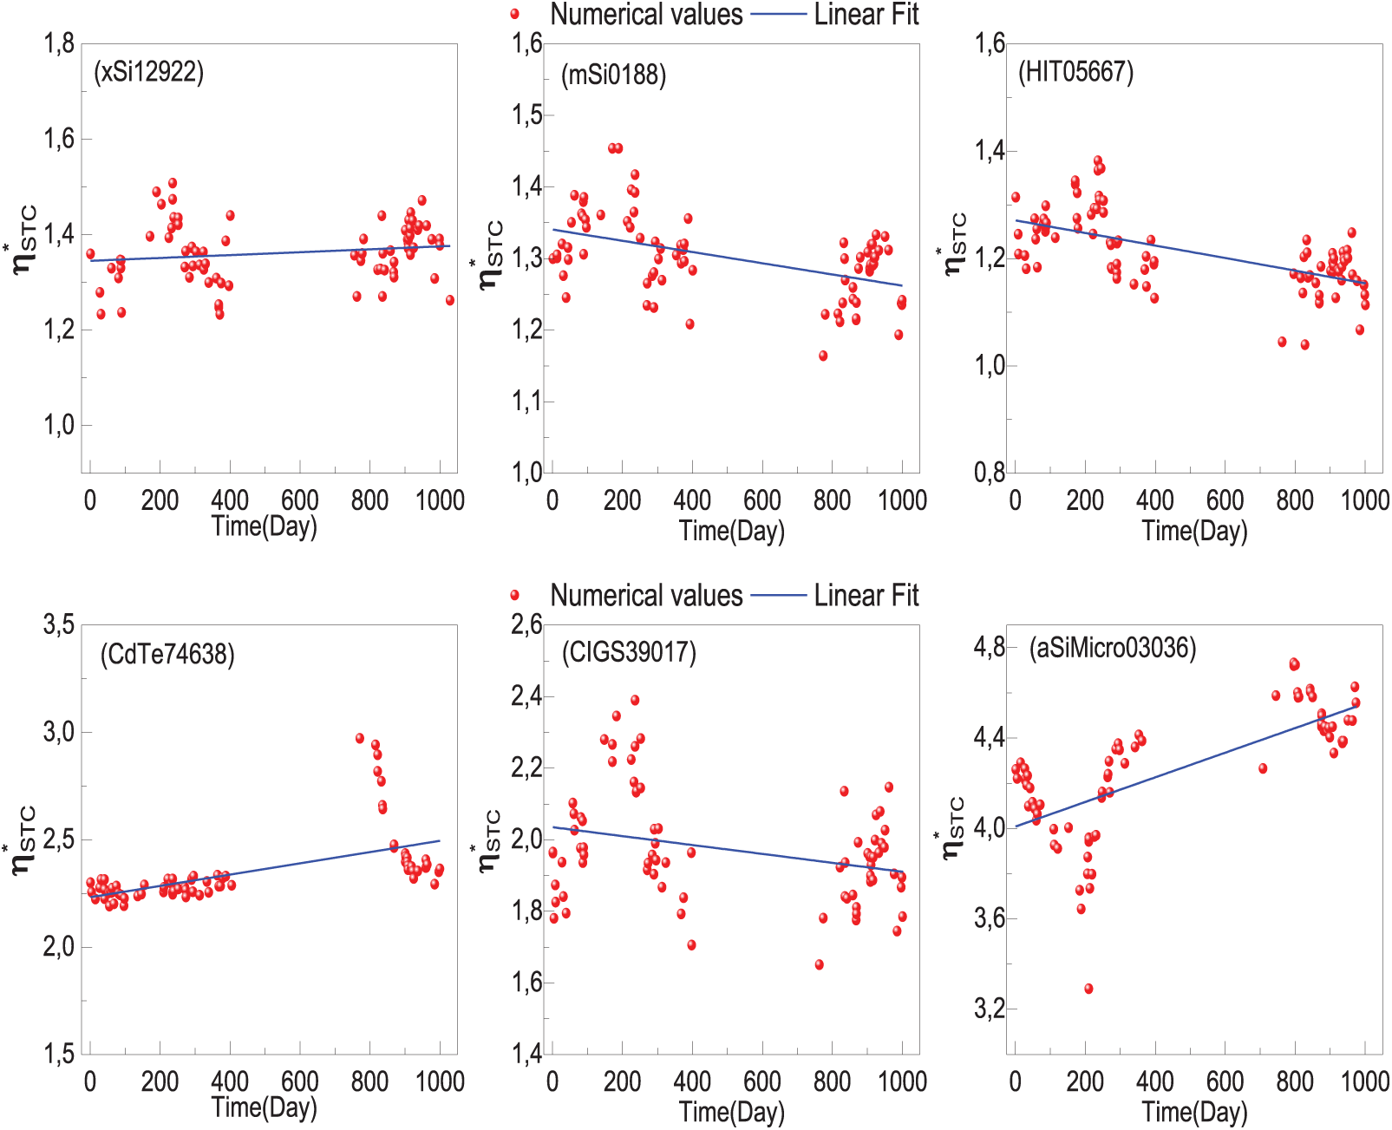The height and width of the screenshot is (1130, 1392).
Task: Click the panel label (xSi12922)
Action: point(149,72)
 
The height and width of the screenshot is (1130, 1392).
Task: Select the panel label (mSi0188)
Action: point(613,75)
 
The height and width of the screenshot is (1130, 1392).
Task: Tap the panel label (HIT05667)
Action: point(1075,72)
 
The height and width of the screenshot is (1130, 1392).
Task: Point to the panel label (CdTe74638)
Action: point(167,654)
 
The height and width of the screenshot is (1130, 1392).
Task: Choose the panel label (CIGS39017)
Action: point(629,652)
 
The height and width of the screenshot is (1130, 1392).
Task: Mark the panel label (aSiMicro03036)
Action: point(1113,648)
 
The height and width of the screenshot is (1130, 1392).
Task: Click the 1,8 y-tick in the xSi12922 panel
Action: point(60,42)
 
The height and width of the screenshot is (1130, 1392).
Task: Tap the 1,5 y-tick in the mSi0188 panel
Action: point(526,114)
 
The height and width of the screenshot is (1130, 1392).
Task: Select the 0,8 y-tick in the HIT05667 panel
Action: point(990,473)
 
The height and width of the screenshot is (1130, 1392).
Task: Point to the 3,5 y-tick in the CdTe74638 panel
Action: point(59,624)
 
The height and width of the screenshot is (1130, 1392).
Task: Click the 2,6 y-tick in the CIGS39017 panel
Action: point(526,624)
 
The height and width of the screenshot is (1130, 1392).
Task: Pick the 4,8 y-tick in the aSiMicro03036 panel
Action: point(990,647)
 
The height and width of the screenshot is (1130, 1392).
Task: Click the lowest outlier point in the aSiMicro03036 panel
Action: point(1088,989)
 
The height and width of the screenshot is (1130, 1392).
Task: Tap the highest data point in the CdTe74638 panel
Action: point(360,738)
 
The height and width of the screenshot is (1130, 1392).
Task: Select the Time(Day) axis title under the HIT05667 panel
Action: point(1194,531)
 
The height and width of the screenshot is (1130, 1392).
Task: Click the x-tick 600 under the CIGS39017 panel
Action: point(762,1081)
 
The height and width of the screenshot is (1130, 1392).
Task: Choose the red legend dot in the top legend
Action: point(514,14)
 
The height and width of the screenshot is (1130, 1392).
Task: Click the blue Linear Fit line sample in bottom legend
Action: point(778,595)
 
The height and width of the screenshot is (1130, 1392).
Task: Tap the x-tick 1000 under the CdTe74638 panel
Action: point(441,1081)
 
